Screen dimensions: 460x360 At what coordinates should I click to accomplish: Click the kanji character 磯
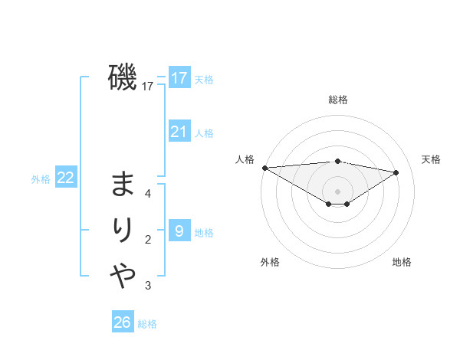pos(123,77)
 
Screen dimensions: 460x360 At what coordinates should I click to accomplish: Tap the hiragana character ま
pos(123,185)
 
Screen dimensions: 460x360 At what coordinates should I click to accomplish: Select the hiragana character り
pos(123,231)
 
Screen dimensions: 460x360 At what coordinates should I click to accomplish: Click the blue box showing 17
pos(179,78)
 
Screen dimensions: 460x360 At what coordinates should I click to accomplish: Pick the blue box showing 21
pos(179,132)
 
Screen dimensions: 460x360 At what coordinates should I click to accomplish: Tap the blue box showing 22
pos(66,178)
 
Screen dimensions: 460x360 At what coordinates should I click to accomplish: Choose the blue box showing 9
pos(179,231)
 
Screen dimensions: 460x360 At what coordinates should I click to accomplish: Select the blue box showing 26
pos(123,322)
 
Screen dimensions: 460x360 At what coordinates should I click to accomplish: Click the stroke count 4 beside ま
pos(148,194)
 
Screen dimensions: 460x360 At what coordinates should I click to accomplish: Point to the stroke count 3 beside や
pos(148,286)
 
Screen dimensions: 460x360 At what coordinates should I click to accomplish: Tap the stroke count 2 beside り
pos(148,240)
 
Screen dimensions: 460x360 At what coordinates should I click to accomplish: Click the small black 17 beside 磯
pos(148,87)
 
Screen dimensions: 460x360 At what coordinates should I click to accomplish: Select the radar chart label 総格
pos(338,100)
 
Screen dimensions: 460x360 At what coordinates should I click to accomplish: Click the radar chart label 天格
pos(432,159)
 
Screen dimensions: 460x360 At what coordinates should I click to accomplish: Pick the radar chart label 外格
pos(270,262)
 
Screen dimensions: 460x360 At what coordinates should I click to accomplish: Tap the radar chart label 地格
pos(402,262)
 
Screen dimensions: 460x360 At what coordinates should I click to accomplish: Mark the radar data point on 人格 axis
pos(264,168)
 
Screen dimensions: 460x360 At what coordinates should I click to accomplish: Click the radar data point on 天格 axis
pos(396,172)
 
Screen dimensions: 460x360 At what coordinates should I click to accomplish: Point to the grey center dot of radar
pos(337,190)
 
